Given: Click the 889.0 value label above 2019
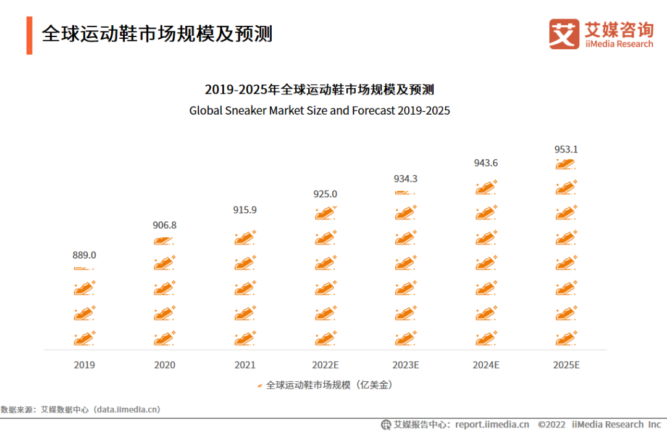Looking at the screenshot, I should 85,255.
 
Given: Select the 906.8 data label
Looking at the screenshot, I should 164,225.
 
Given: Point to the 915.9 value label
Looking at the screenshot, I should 245,210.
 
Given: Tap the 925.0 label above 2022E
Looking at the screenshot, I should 325,194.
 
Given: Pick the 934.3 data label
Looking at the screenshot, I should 406,179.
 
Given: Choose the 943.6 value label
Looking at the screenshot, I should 486,163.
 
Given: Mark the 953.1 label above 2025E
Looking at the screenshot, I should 566,149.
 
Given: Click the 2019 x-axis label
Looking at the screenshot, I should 85,365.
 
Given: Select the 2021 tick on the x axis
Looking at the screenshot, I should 245,365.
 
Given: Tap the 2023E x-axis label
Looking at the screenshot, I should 406,365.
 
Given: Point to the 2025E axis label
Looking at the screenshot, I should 566,365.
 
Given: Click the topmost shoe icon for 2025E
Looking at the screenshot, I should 566,163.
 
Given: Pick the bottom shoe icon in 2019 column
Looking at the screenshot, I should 84,338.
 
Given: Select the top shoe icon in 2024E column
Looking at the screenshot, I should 485,188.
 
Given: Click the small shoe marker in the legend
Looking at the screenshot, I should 260,386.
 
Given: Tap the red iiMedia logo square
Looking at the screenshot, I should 564,34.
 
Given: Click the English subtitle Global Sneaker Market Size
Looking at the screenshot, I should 319,111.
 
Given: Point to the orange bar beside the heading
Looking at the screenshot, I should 29,35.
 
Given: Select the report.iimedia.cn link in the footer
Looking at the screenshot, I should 492,424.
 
